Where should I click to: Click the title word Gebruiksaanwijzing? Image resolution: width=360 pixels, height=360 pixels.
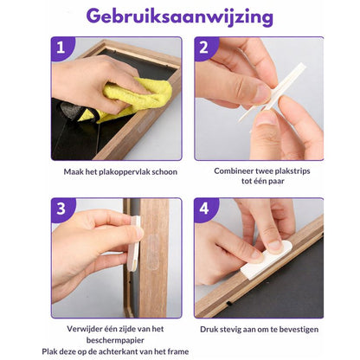click(179, 17)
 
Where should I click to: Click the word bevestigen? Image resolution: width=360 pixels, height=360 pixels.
click(294, 330)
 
